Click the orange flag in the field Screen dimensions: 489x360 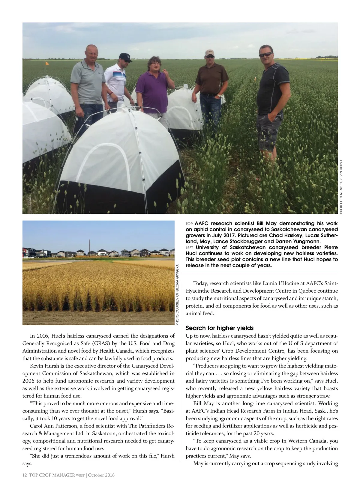click(x=47, y=64)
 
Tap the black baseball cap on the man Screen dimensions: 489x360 click(x=125, y=56)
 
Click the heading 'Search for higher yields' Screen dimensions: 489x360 click(x=220, y=328)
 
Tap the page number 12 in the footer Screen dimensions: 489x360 click(x=25, y=475)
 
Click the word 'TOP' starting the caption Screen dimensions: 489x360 click(x=189, y=224)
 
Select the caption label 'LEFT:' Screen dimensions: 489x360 click(x=190, y=248)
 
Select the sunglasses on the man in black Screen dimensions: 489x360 click(x=266, y=55)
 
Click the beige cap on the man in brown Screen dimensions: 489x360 click(x=209, y=53)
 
